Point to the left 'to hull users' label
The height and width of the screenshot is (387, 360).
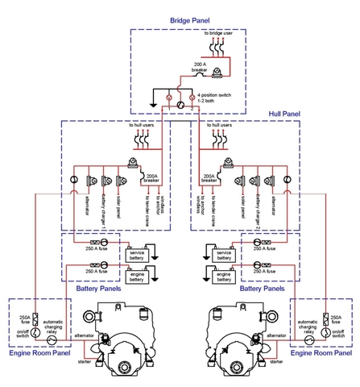[141, 126]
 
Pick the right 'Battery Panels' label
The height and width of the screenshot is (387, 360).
[262, 288]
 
